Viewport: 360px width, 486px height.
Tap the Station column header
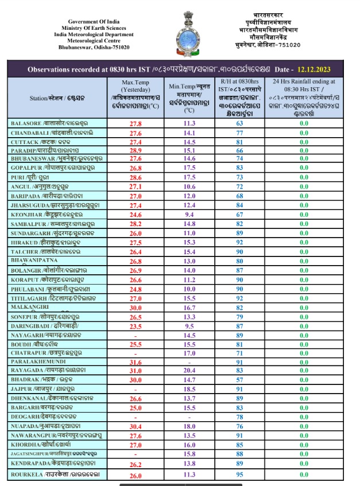pos(58,98)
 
